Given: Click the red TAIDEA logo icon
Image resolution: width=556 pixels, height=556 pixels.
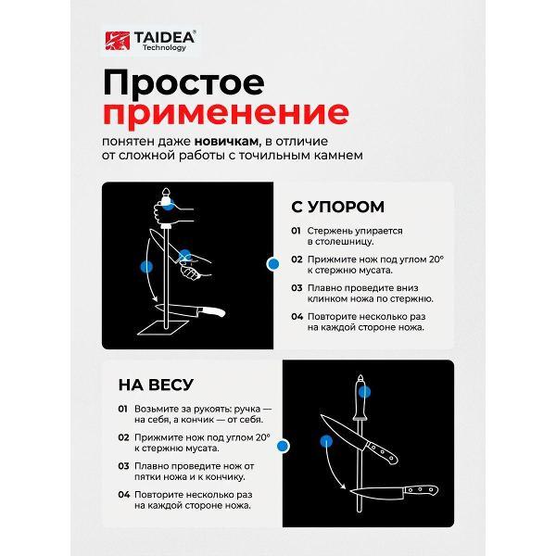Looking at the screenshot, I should (116, 40).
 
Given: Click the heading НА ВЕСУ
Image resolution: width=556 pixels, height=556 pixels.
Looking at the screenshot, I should (155, 384).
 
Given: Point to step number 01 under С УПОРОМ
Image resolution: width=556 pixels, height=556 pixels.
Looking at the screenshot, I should (296, 230).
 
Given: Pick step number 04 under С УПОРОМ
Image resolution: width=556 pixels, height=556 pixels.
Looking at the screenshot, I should (296, 316).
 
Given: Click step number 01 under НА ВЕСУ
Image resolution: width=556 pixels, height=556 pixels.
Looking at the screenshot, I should (122, 409).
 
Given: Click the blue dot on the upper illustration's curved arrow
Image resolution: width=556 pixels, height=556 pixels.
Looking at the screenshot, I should (145, 266).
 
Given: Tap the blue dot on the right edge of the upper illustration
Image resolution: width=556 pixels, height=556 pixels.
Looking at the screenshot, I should (272, 264).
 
